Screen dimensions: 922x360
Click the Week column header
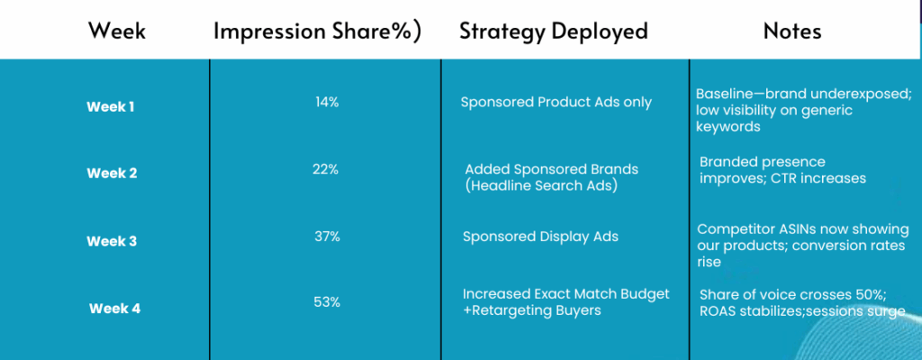[117, 31]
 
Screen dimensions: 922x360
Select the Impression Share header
[318, 31]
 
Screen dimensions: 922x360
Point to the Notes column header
[792, 31]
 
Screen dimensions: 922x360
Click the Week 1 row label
[111, 107]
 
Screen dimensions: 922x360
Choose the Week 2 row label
[112, 174]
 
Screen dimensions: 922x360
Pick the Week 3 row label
[112, 241]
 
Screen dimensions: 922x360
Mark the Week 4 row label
[114, 308]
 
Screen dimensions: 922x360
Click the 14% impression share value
[327, 103]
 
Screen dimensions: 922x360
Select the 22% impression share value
[326, 169]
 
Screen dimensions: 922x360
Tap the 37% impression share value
[328, 237]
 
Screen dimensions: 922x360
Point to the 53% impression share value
[327, 303]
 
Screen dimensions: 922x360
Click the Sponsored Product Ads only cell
[556, 103]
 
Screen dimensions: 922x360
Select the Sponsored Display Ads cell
[540, 237]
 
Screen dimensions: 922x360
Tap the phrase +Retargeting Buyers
[532, 310]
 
